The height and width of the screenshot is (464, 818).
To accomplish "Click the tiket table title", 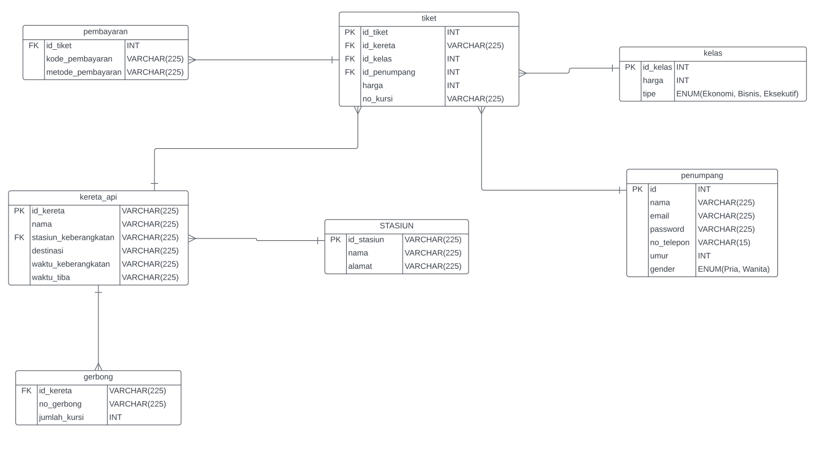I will coord(428,18).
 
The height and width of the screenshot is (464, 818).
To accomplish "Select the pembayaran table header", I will coord(105,31).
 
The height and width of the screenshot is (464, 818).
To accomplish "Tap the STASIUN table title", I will coord(396,226).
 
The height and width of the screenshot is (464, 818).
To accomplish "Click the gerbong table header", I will coord(98,377).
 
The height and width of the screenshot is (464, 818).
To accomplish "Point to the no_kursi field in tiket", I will coord(378,99).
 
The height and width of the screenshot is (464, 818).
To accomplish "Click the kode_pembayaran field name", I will coord(79,59).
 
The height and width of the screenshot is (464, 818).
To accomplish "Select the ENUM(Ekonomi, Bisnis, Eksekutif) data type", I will coord(737,94).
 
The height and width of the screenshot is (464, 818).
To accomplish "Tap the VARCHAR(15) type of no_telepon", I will coord(724,243).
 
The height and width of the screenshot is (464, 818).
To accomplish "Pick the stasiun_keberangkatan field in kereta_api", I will coord(73,237).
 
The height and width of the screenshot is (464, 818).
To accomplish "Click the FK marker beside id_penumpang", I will coord(350,72).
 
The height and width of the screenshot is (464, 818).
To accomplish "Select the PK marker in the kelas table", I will coord(630,68).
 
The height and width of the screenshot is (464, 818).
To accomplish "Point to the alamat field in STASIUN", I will coord(360,267).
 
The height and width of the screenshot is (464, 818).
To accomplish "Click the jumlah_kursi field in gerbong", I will coord(61,418).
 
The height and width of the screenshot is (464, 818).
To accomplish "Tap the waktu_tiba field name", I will coord(51,277).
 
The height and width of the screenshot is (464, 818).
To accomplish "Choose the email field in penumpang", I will coord(659,216).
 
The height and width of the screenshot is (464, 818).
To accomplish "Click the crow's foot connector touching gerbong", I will coord(98,366).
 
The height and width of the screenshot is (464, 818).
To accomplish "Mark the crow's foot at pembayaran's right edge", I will coord(192,60).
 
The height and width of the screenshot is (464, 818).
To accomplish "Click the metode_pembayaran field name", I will coord(84,72).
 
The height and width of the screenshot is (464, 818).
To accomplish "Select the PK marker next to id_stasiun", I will coord(335,240).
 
